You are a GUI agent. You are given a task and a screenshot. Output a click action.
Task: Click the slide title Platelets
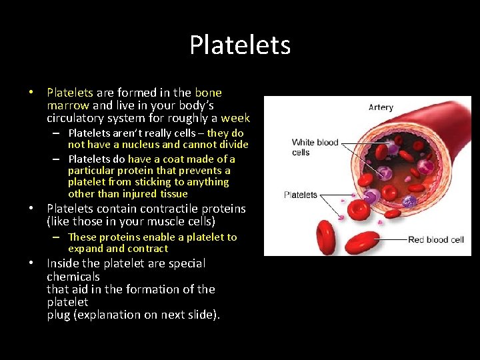tap(240, 45)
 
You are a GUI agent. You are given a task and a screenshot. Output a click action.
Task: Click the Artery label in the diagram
tap(381, 107)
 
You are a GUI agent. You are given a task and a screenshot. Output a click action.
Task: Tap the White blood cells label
tap(315, 147)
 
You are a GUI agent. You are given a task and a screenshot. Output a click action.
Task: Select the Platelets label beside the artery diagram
tap(301, 195)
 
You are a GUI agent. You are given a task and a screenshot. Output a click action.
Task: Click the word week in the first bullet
tap(235, 118)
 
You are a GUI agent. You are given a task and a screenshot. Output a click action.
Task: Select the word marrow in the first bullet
tap(68, 105)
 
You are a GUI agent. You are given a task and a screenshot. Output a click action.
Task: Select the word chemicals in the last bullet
tap(73, 276)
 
